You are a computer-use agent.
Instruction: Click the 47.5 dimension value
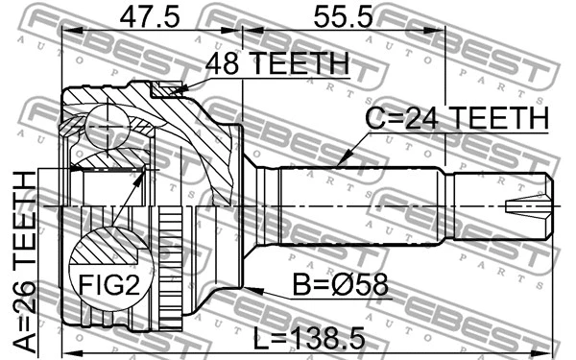coord(150,17)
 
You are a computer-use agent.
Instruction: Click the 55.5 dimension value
coord(343,17)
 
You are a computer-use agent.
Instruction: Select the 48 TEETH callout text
coord(277,63)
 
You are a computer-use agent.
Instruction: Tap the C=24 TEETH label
coord(457,117)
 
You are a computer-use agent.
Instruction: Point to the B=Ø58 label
coord(340,285)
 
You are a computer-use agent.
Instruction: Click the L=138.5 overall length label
coord(309,338)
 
